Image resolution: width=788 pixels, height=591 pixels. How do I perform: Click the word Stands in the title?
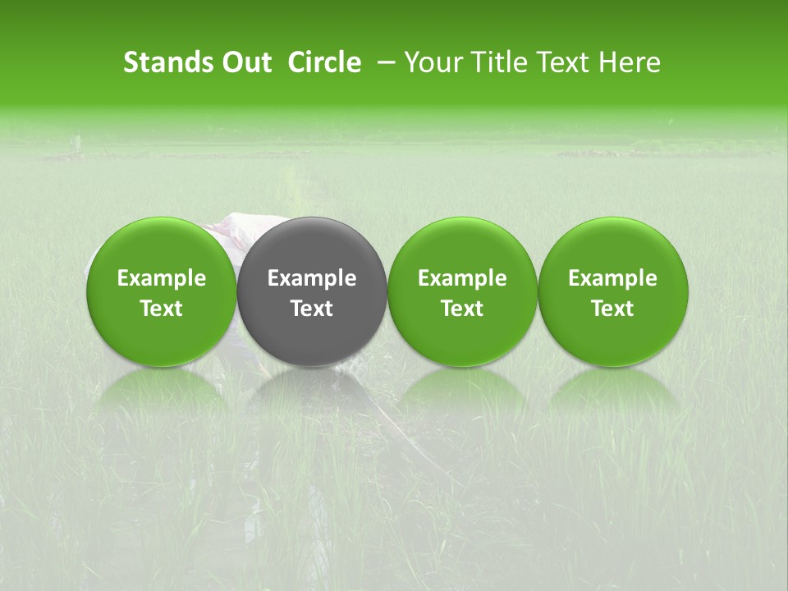coord(167,62)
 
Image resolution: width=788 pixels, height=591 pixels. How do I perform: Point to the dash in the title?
coord(383,63)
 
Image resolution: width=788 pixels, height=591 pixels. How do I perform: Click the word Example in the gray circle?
coord(312,278)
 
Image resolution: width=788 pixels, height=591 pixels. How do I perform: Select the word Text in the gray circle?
coord(312,309)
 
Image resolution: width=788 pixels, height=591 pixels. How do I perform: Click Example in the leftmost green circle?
coord(162,278)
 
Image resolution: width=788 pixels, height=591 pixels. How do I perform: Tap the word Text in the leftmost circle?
coord(162,309)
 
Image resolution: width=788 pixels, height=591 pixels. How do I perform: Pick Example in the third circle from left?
coord(462,278)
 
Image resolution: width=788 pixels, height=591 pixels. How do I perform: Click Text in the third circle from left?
coord(462,309)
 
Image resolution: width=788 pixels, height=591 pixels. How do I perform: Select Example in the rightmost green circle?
coord(612,278)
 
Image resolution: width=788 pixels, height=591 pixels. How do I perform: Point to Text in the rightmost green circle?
coord(612,309)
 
